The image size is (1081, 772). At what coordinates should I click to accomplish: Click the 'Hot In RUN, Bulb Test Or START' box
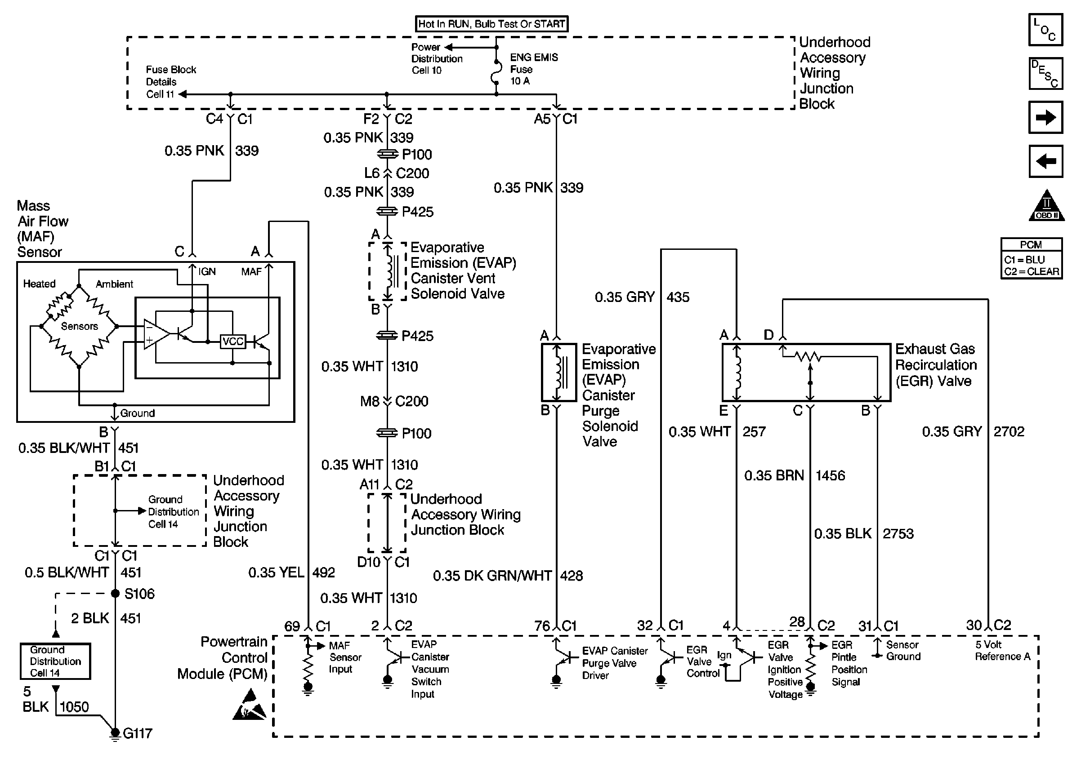point(492,24)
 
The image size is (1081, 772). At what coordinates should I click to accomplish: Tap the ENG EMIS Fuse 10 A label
point(534,69)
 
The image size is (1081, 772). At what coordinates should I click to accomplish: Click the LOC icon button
point(1045,30)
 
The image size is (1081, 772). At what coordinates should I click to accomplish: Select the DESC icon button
point(1045,74)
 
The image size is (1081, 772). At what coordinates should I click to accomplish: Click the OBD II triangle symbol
point(1046,205)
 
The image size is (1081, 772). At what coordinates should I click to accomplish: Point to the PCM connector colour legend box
point(1031,258)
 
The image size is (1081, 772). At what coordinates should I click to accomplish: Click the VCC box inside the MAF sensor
point(233,342)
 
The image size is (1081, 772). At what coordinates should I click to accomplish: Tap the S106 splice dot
point(115,593)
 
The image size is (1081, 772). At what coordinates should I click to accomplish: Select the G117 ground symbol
point(115,734)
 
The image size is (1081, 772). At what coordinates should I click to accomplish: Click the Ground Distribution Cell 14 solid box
point(55,661)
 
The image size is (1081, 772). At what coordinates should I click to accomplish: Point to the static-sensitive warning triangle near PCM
point(250,705)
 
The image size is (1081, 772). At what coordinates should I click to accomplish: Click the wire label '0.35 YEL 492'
point(291,572)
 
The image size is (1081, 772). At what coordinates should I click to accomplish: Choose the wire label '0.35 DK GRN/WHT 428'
point(508,576)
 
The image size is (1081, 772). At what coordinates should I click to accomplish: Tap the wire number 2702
point(1009,432)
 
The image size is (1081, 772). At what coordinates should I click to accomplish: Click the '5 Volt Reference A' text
point(1002,651)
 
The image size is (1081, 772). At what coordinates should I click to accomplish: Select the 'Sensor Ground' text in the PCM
point(903,651)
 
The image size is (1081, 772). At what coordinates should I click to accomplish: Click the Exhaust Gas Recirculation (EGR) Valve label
point(936,365)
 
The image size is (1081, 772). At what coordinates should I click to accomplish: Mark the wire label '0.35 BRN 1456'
point(795,475)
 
